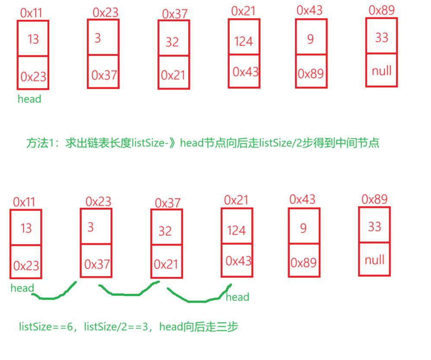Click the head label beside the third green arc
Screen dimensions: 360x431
point(238,297)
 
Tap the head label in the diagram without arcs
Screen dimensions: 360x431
point(29,99)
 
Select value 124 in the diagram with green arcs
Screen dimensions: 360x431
point(236,230)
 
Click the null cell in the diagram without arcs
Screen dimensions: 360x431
point(381,70)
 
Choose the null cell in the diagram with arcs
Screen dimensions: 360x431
point(374,260)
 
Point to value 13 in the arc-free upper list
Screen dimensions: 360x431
point(33,39)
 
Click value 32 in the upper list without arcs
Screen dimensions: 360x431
point(172,42)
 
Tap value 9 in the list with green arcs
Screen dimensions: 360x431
point(304,228)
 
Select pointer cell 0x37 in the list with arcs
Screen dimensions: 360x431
point(97,264)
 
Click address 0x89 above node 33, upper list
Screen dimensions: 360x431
point(381,10)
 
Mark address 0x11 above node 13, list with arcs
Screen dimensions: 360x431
point(24,201)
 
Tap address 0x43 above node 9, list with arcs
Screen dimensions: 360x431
point(302,199)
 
